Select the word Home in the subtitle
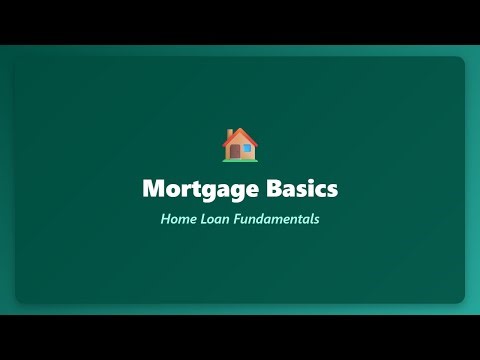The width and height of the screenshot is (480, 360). (176, 218)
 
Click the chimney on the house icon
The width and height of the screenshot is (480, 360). (230, 133)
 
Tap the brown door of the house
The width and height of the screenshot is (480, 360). (235, 152)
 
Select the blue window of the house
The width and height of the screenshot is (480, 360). (247, 149)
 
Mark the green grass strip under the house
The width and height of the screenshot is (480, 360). (240, 160)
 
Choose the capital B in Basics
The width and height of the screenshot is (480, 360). (267, 188)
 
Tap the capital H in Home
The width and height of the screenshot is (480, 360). (165, 218)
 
